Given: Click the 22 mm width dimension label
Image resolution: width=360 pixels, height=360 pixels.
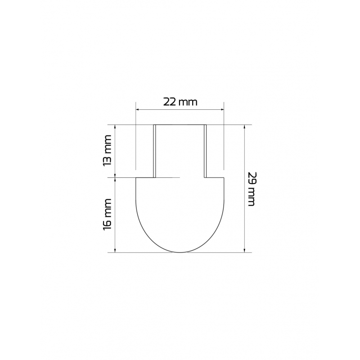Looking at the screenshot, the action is point(180,102).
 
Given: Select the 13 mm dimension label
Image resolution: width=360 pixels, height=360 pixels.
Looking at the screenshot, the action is point(107,151).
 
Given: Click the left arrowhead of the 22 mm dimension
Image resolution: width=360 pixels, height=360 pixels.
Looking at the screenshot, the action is point(138,109).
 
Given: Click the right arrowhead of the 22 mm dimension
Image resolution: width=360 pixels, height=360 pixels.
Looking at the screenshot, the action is point(222,109).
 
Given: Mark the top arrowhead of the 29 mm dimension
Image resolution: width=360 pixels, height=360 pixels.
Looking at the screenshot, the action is point(245,127).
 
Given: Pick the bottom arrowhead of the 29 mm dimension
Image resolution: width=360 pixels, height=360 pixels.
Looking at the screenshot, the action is point(245,250).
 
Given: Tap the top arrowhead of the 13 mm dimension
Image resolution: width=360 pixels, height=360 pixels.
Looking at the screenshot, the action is point(115,127).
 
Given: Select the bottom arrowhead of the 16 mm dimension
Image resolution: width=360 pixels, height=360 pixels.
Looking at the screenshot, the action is point(115,250).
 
